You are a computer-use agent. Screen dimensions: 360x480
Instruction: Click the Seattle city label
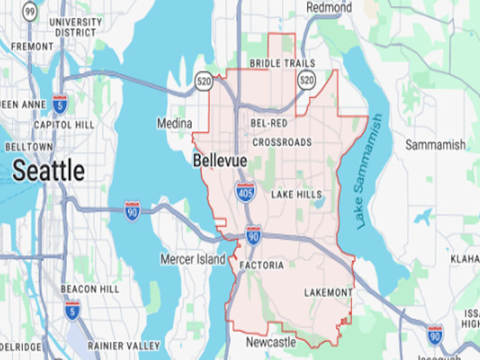click(x=49, y=171)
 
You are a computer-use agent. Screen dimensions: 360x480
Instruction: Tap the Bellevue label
click(x=220, y=161)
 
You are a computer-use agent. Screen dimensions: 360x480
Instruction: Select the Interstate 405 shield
click(x=245, y=192)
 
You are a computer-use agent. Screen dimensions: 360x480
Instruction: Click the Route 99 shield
click(x=29, y=10)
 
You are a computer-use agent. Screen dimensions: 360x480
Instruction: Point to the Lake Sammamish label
click(x=368, y=171)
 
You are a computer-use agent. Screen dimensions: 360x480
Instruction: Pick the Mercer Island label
click(x=193, y=259)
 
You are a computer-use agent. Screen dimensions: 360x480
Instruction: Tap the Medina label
click(x=175, y=124)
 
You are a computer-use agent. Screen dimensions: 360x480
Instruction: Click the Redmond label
click(x=329, y=7)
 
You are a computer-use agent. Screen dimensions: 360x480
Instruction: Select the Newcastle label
click(x=271, y=342)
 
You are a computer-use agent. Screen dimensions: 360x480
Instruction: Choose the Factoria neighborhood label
click(x=261, y=265)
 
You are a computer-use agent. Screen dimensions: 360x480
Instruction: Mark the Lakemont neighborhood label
click(x=328, y=292)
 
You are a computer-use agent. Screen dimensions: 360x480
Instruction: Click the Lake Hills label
click(x=296, y=194)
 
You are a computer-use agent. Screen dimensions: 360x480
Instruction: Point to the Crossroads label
click(x=282, y=142)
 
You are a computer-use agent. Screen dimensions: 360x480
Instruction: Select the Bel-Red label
click(x=269, y=123)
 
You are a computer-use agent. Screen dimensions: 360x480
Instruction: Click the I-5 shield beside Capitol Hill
click(x=59, y=103)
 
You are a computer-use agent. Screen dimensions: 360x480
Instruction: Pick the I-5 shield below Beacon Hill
click(x=73, y=310)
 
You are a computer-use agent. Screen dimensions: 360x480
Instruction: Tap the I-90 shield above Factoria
click(x=253, y=234)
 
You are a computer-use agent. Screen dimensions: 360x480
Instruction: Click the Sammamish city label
click(x=435, y=145)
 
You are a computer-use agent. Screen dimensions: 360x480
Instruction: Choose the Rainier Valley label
click(x=124, y=346)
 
